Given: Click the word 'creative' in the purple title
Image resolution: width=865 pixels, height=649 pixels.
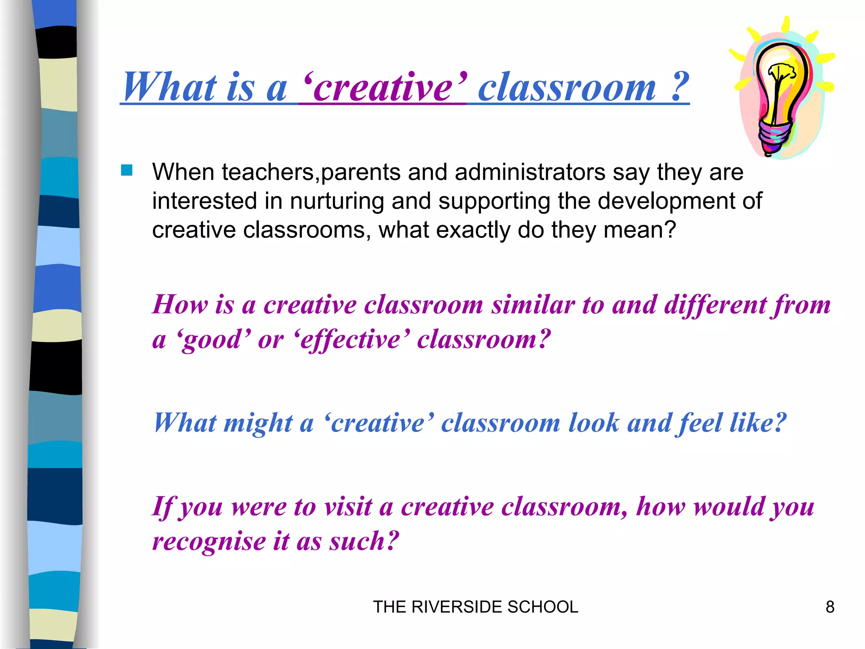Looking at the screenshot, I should point(383,87).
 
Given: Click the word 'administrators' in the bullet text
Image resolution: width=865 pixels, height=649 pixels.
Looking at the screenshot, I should point(530,172).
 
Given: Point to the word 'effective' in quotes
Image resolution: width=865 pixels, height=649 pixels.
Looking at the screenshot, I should point(350,339).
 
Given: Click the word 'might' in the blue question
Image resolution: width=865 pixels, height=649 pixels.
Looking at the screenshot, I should point(258,423).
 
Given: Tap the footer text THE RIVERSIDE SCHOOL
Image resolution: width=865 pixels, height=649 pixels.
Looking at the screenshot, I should point(476,607).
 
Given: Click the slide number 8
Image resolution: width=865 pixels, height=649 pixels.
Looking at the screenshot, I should point(830,607).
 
